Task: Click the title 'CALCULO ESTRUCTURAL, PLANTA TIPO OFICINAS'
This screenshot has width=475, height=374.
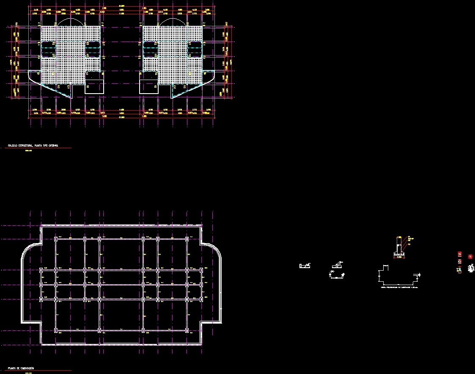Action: coord(33,145)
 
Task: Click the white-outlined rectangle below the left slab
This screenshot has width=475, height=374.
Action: coord(94,86)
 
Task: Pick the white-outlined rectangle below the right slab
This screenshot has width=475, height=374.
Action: coord(149,86)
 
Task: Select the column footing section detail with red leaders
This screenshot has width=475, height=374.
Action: coord(400,247)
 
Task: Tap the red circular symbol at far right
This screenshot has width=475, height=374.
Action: coord(470,257)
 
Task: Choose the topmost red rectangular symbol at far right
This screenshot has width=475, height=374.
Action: coord(460,254)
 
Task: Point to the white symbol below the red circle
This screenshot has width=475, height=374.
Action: coord(471,268)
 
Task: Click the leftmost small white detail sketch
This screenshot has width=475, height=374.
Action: coord(305,266)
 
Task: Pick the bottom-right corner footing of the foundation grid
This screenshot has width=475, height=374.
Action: coord(187,330)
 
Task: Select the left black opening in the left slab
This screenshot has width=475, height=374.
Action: coord(48,50)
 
